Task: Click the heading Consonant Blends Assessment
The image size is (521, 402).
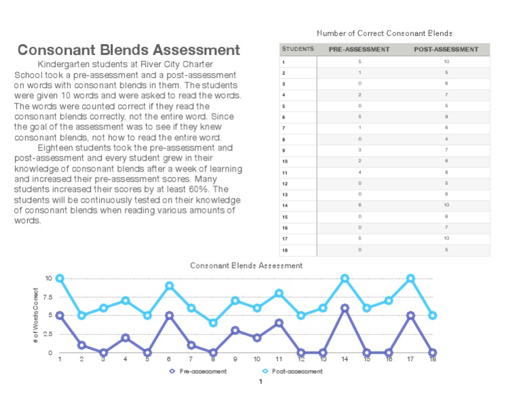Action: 128,50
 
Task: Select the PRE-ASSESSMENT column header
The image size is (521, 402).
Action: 359,49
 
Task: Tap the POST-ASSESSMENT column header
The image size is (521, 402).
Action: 446,49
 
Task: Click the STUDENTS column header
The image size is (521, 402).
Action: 298,49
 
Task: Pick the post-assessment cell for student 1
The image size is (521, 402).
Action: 446,62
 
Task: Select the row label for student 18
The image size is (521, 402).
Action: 285,249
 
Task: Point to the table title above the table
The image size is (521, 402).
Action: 384,33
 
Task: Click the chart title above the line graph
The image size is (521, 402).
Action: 246,266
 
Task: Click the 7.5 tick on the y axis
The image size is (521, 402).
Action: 47,297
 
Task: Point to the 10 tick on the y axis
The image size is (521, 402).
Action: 48,278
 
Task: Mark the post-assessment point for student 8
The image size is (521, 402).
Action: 213,323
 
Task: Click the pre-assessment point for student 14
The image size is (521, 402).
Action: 345,308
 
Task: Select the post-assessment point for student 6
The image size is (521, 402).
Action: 169,285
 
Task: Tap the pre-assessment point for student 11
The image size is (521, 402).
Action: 279,323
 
